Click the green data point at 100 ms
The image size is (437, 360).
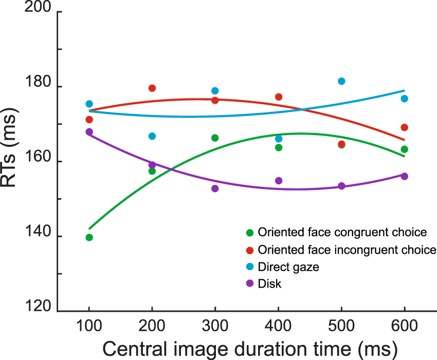click(x=89, y=237)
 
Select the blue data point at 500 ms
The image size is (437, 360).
click(x=341, y=81)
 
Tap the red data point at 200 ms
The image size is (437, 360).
click(x=152, y=88)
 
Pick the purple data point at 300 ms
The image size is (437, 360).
click(x=215, y=188)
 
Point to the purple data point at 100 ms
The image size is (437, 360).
click(x=89, y=132)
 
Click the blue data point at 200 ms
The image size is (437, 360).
click(x=152, y=136)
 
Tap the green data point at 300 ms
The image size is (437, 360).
click(x=215, y=138)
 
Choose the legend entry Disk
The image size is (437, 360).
click(x=270, y=283)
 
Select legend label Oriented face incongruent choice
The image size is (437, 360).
click(x=348, y=250)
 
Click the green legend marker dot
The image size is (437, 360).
click(x=250, y=233)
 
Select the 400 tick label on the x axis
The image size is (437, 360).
click(x=278, y=328)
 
